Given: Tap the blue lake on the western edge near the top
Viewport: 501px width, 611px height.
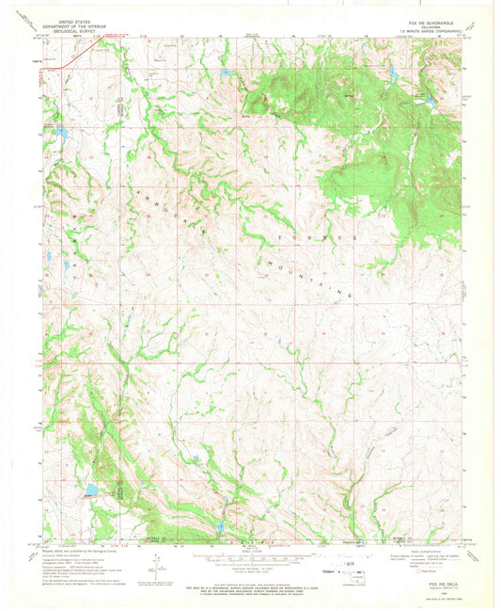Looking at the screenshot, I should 59,134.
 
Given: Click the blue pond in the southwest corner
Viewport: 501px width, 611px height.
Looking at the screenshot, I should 91,490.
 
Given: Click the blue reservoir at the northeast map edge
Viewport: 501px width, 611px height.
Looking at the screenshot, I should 428,98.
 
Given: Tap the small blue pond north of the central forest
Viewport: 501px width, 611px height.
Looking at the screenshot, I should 227,72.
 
